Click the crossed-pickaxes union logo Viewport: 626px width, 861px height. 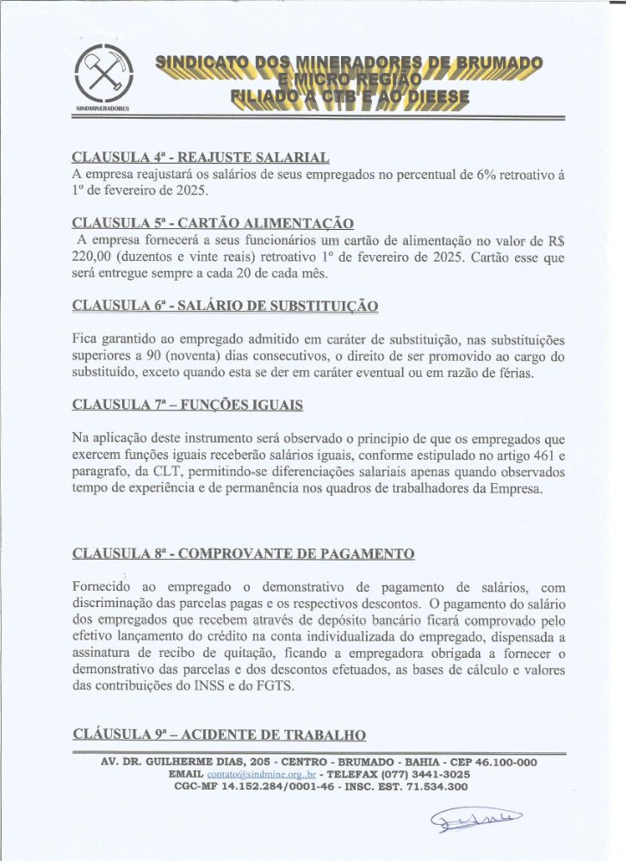point(101,73)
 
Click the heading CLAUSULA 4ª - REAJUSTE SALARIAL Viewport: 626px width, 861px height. point(201,158)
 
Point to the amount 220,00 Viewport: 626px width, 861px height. point(92,257)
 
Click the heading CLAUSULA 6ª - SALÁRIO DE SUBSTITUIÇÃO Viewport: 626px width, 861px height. point(225,306)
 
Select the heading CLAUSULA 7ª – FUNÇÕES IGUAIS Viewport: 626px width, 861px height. point(188,404)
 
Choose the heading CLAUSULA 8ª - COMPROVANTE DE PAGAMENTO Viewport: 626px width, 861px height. point(244,553)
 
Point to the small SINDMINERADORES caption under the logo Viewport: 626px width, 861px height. point(102,110)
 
